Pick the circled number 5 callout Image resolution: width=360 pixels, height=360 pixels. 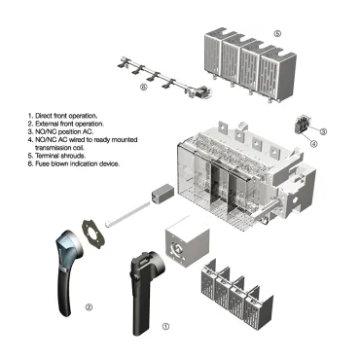(277, 33)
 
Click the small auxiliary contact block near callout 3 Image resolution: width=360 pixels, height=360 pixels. (305, 126)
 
